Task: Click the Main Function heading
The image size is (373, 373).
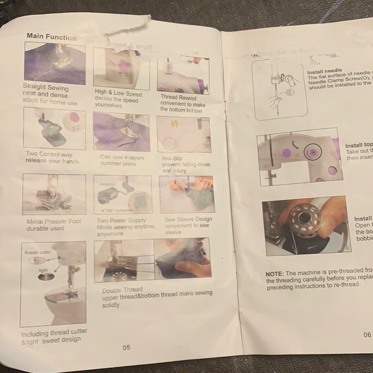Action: pos(51,37)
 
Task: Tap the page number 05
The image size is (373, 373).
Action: pos(127,347)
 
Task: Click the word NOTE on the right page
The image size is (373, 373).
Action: pos(275,273)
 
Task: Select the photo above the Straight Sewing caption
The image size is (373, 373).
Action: pos(55,63)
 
